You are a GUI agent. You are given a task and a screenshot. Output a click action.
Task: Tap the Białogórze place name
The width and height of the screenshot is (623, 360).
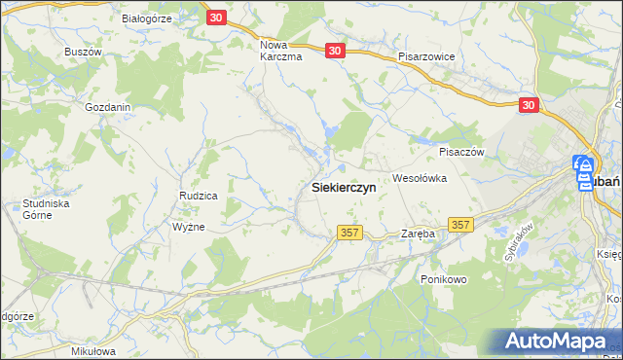click(x=147, y=18)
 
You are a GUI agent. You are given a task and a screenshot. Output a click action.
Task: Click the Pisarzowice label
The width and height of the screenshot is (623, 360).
click(x=426, y=56)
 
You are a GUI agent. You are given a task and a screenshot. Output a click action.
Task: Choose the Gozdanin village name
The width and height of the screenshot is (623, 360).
click(x=108, y=107)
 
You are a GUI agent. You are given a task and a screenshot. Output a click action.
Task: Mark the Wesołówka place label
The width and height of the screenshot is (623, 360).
click(x=419, y=178)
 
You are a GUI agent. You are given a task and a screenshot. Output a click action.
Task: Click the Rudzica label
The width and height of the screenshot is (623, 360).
click(x=198, y=197)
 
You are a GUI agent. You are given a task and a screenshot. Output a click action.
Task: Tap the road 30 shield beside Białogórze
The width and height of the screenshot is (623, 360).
click(x=217, y=18)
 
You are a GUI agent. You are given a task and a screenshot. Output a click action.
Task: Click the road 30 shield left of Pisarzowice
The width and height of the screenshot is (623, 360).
click(x=335, y=52)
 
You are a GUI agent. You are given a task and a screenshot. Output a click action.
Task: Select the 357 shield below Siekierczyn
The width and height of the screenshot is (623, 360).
click(x=351, y=233)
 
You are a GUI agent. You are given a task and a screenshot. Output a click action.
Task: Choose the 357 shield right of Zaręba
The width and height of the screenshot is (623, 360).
click(x=461, y=225)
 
